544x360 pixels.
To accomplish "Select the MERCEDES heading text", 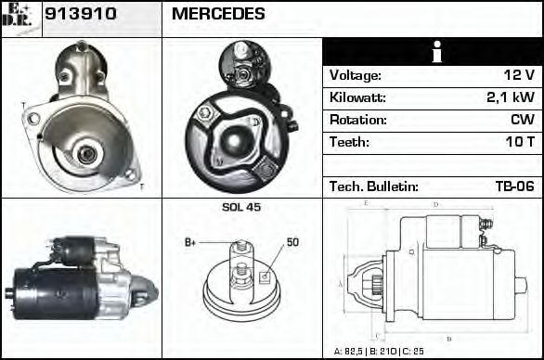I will coord(218,15).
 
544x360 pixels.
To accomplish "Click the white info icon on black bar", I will coord(433,53).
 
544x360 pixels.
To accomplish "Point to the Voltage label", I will coord(356,76).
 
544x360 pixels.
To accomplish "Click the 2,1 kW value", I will coord(510,98).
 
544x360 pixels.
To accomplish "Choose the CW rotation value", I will coord(522,121).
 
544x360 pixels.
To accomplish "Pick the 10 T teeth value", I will coord(518,143).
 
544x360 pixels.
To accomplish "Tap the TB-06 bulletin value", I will coord(513,186).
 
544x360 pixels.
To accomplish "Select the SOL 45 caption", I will coord(241,207).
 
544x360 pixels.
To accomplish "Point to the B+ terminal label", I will coord(190,242).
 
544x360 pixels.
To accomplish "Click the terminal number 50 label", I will coord(292,242).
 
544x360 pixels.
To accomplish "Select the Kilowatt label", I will coord(357,98).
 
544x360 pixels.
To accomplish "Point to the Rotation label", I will coord(356,121).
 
